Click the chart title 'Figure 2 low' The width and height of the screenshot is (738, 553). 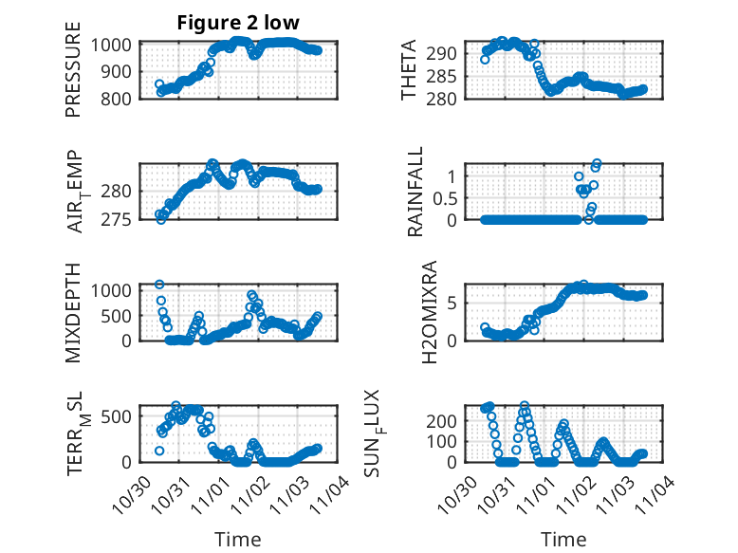click(x=238, y=24)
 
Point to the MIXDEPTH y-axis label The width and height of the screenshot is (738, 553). click(x=73, y=312)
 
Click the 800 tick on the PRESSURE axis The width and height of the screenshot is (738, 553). click(x=120, y=99)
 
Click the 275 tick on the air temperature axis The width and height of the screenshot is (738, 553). click(x=120, y=220)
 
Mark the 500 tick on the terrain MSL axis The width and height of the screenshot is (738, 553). click(x=120, y=415)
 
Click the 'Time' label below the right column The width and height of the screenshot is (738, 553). click(x=563, y=540)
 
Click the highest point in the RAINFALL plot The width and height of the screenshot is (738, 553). click(x=597, y=163)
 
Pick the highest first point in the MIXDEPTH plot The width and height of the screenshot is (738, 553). click(x=159, y=284)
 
